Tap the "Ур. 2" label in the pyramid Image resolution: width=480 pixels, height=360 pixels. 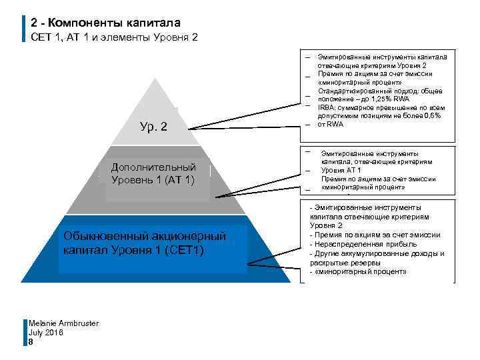click(x=153, y=127)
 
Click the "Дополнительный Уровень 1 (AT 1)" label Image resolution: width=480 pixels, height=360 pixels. click(x=153, y=173)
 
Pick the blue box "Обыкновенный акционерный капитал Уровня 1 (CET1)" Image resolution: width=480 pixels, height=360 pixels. click(x=145, y=243)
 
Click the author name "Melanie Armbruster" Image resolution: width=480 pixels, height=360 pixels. click(x=63, y=323)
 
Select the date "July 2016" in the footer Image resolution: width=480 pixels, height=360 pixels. click(x=46, y=332)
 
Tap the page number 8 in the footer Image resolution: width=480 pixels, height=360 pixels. click(x=31, y=341)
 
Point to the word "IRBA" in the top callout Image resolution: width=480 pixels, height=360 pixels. click(x=326, y=107)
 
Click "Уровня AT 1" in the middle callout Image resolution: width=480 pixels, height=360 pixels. click(x=342, y=170)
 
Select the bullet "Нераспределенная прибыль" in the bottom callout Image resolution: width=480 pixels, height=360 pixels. click(x=353, y=244)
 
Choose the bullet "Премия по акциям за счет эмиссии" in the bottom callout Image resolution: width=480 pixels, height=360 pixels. click(x=375, y=235)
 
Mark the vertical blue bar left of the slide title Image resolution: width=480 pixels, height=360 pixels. click(x=25, y=29)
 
